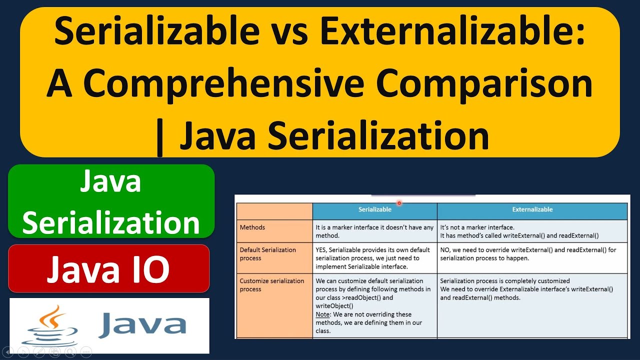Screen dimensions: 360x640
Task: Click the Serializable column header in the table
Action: pyautogui.click(x=374, y=209)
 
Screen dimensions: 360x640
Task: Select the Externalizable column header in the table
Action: pyautogui.click(x=532, y=209)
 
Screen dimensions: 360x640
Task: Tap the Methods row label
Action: pyautogui.click(x=252, y=227)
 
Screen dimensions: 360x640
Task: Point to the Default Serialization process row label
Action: pyautogui.click(x=267, y=254)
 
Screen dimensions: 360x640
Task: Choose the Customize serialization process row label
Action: pyautogui.click(x=271, y=285)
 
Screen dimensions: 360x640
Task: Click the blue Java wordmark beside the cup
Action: pyautogui.click(x=142, y=324)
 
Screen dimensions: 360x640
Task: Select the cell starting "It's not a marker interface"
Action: pyautogui.click(x=532, y=231)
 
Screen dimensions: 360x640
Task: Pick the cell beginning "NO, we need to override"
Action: pyautogui.click(x=532, y=254)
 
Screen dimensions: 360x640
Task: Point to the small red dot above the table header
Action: pyautogui.click(x=399, y=203)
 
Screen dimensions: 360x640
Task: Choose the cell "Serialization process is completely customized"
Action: pyautogui.click(x=532, y=289)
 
